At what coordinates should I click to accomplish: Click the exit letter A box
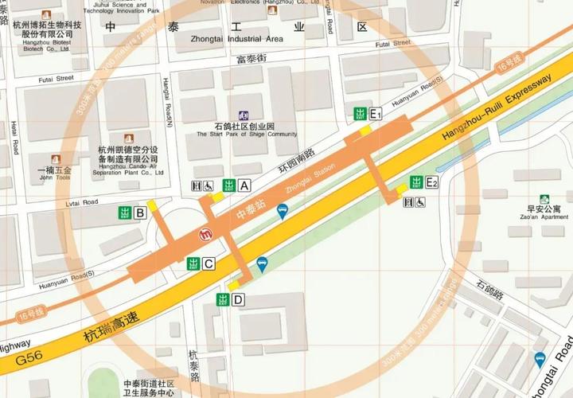(244, 185)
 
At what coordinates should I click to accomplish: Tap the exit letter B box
(140, 213)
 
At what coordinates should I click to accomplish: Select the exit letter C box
(209, 263)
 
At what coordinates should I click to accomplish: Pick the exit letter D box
(238, 299)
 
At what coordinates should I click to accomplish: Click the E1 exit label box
(376, 114)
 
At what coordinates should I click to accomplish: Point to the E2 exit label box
(431, 182)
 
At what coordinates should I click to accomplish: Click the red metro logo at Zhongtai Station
(208, 235)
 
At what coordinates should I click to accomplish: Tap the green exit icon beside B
(125, 213)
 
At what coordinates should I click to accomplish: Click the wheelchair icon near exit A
(209, 186)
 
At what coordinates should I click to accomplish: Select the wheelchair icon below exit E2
(419, 203)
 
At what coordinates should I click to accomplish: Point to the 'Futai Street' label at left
(57, 79)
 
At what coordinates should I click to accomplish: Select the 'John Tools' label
(55, 178)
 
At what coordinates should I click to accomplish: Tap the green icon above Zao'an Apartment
(544, 199)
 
